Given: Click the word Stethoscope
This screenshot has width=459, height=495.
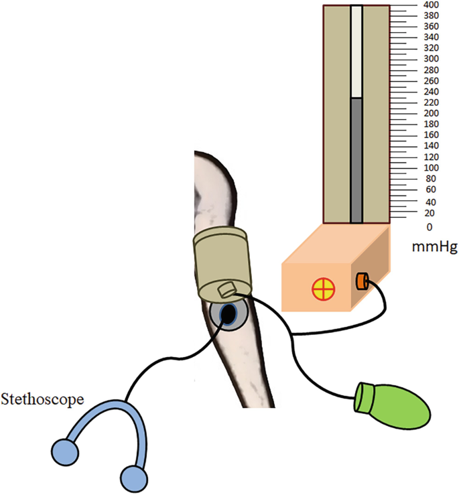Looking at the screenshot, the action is coord(42,401).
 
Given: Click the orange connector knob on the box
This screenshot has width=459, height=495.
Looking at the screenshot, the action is coord(363,281).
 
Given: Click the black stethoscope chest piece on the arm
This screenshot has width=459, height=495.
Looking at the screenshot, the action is coord(228,313).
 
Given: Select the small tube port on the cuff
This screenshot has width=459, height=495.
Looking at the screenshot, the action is coord(226,290).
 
